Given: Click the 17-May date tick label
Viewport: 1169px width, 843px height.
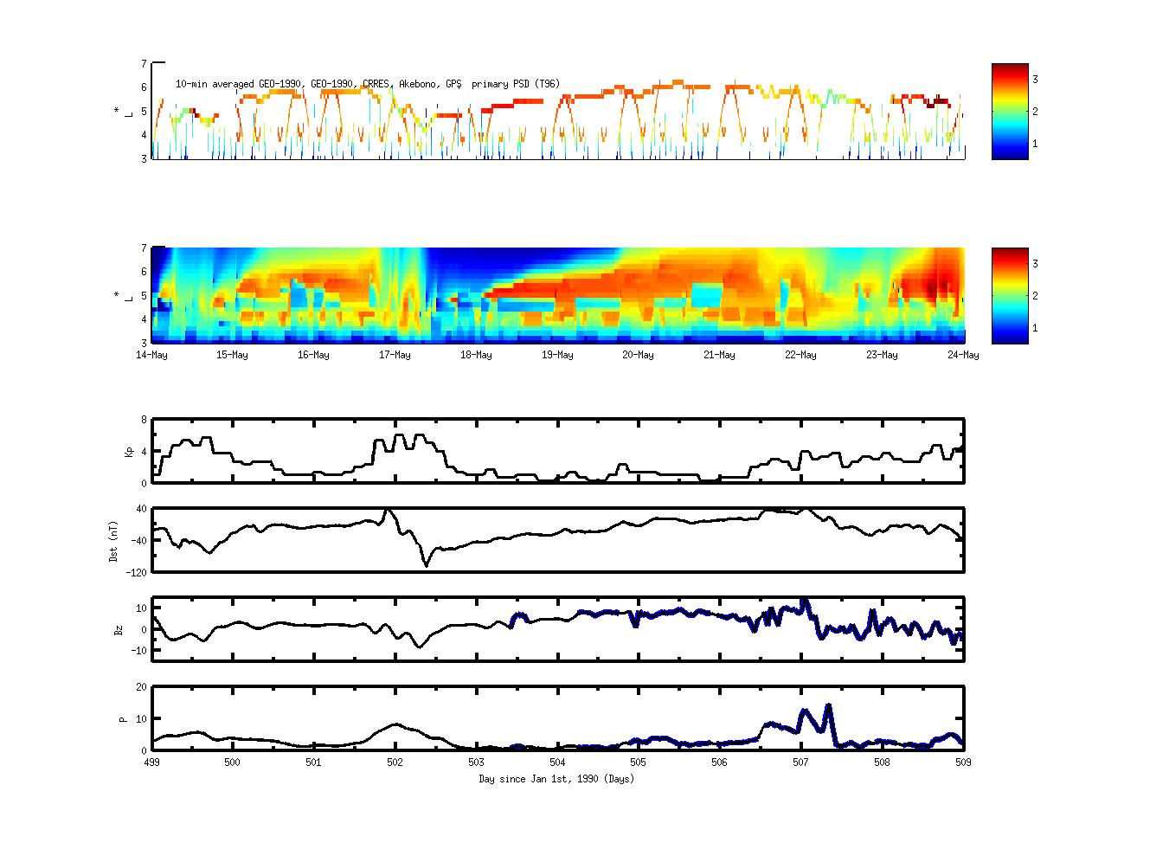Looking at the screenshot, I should click(x=395, y=355).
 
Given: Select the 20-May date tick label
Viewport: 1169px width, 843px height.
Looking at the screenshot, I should click(x=638, y=355).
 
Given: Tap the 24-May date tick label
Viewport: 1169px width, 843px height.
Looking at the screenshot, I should click(x=963, y=355).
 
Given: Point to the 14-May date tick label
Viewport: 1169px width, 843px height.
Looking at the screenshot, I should click(x=152, y=355).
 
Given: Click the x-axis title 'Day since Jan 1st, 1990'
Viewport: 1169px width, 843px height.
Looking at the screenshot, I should click(x=556, y=779).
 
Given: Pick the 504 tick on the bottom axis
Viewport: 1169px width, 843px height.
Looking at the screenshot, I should click(x=557, y=763).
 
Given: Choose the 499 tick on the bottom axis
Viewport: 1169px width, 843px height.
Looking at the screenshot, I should click(x=152, y=763).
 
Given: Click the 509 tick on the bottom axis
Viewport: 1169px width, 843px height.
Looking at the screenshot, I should click(x=963, y=763).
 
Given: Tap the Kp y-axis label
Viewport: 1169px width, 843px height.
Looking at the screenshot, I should click(x=119, y=451).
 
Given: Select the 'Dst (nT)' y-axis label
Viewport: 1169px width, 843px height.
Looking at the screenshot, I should click(x=113, y=540).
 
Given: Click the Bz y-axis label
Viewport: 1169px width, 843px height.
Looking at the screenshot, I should click(x=119, y=629).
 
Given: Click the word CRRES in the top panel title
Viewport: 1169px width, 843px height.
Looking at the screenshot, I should click(x=376, y=84).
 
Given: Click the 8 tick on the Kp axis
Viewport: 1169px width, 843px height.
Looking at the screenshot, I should click(x=143, y=419).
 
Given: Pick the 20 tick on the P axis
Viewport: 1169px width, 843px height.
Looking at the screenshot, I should click(x=140, y=686).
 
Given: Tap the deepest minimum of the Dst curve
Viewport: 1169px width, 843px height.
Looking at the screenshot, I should click(x=426, y=565).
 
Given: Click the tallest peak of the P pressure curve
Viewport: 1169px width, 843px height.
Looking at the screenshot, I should click(x=828, y=705).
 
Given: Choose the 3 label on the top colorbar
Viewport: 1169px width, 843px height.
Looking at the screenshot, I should click(x=1035, y=79).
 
